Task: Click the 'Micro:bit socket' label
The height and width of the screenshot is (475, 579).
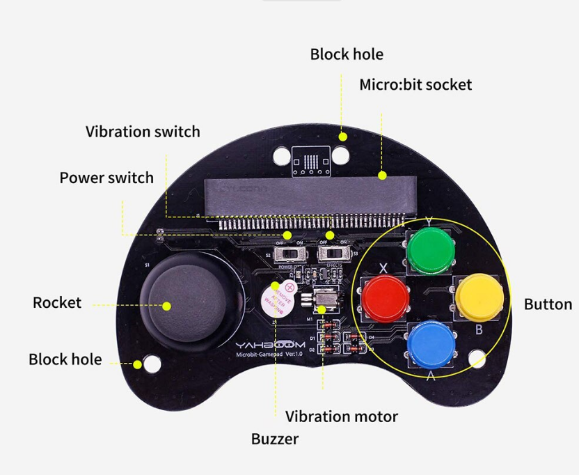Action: (415, 85)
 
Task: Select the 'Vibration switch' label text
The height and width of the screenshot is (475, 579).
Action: (143, 132)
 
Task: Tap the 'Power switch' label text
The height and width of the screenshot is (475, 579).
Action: (106, 178)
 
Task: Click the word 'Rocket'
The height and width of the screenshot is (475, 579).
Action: (57, 303)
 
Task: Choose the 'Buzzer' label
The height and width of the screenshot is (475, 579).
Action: (275, 439)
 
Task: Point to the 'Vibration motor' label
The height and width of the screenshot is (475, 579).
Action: (342, 416)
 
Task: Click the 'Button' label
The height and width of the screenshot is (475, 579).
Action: (548, 304)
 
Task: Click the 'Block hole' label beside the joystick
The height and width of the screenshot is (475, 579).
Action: (65, 359)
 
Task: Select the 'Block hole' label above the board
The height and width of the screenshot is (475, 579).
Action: (347, 54)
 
